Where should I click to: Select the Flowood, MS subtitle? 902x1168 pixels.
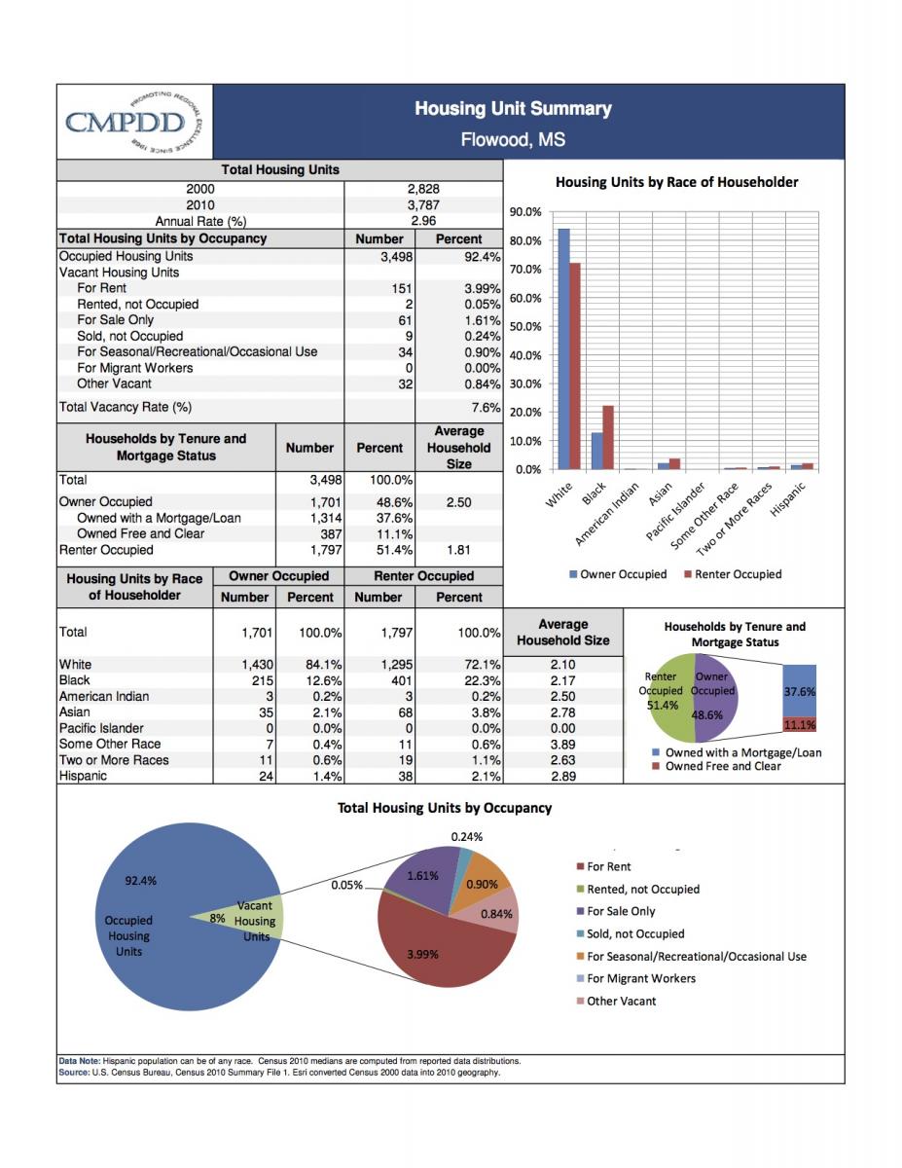pyautogui.click(x=513, y=140)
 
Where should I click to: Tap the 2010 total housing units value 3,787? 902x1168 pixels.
pyautogui.click(x=423, y=204)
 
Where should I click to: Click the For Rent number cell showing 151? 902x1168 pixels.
pyautogui.click(x=402, y=289)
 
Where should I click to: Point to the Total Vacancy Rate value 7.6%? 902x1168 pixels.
pyautogui.click(x=486, y=408)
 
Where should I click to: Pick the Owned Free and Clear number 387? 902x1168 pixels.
pyautogui.click(x=331, y=534)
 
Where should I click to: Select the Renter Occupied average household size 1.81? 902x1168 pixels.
pyautogui.click(x=458, y=550)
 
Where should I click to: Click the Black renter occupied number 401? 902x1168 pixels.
pyautogui.click(x=402, y=680)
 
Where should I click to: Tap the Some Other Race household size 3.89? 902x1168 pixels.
pyautogui.click(x=563, y=745)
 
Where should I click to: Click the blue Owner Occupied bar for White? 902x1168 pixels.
pyautogui.click(x=564, y=348)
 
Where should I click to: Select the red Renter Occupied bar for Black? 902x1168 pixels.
pyautogui.click(x=607, y=438)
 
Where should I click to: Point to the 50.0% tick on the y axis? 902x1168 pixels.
pyautogui.click(x=525, y=327)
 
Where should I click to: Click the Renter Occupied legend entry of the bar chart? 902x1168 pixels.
pyautogui.click(x=733, y=574)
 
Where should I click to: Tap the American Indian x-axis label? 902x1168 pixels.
pyautogui.click(x=606, y=514)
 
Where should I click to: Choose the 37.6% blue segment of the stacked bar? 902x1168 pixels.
pyautogui.click(x=800, y=691)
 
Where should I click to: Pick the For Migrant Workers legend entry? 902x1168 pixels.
pyautogui.click(x=635, y=978)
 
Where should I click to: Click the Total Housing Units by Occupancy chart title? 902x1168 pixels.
pyautogui.click(x=445, y=808)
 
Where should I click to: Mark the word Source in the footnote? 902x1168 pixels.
pyautogui.click(x=74, y=1073)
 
